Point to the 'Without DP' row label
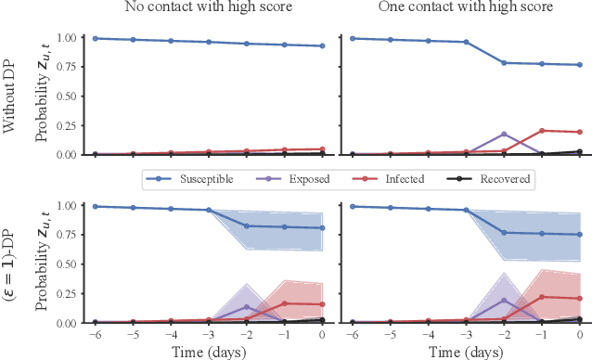11,93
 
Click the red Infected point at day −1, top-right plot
542,131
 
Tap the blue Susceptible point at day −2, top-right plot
504,63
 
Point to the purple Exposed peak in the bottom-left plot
246,306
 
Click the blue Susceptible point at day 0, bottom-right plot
580,235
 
